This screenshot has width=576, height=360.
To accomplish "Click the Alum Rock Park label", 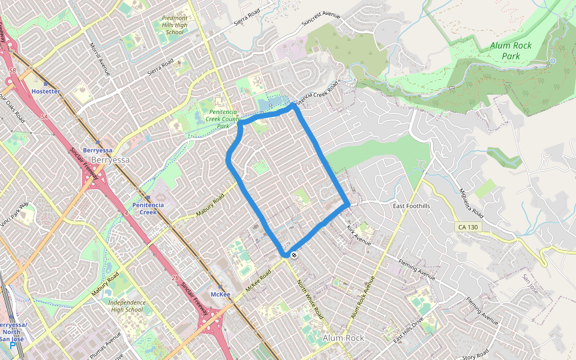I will [x=511, y=50].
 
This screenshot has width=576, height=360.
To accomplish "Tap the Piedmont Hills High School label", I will [x=175, y=25].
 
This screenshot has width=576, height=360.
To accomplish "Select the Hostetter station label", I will [x=46, y=91].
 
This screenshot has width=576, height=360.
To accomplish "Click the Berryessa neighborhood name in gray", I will [x=110, y=160].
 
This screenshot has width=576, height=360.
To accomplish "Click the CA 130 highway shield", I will [x=469, y=227].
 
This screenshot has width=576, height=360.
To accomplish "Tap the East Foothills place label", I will [x=412, y=206].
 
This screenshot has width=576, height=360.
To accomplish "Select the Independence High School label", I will [x=127, y=306].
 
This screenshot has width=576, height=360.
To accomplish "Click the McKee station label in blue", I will [x=220, y=294].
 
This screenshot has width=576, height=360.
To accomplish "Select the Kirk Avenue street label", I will [x=358, y=235].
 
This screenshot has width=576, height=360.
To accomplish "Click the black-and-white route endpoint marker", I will [x=293, y=255].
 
